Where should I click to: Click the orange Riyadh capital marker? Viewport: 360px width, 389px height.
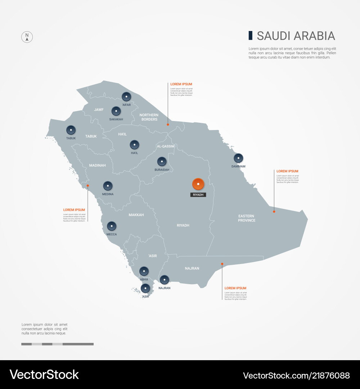coord(198,184)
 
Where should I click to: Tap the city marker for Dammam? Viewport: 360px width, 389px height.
coord(238,158)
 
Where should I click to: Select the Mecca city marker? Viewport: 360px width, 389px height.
coord(112,226)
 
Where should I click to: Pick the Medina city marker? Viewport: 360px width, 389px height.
coord(108,186)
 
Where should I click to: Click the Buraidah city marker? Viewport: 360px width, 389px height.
coord(162,162)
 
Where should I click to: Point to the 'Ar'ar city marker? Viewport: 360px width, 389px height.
coord(126,97)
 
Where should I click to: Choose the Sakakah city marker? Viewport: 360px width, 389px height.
coord(116,111)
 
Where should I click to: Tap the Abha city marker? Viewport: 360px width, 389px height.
coord(144,271)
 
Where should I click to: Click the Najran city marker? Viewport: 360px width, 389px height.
coord(165,280)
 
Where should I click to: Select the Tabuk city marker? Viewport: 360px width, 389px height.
coord(71,130)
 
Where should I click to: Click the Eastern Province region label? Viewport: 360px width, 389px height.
coord(247,218)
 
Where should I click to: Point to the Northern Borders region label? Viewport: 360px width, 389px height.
coord(149,117)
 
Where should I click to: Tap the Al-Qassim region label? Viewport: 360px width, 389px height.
coord(166,146)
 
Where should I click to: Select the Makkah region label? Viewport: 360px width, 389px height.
coord(136,215)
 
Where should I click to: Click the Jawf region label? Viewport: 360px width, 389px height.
coord(99,109)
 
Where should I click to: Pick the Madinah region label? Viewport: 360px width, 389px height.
coord(97,165)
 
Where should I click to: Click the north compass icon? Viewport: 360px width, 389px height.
coord(27,37)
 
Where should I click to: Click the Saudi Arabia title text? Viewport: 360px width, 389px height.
coord(296,36)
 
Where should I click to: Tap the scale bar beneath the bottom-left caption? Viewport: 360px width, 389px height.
coord(57,344)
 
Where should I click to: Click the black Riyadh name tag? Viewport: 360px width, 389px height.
coord(198,194)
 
